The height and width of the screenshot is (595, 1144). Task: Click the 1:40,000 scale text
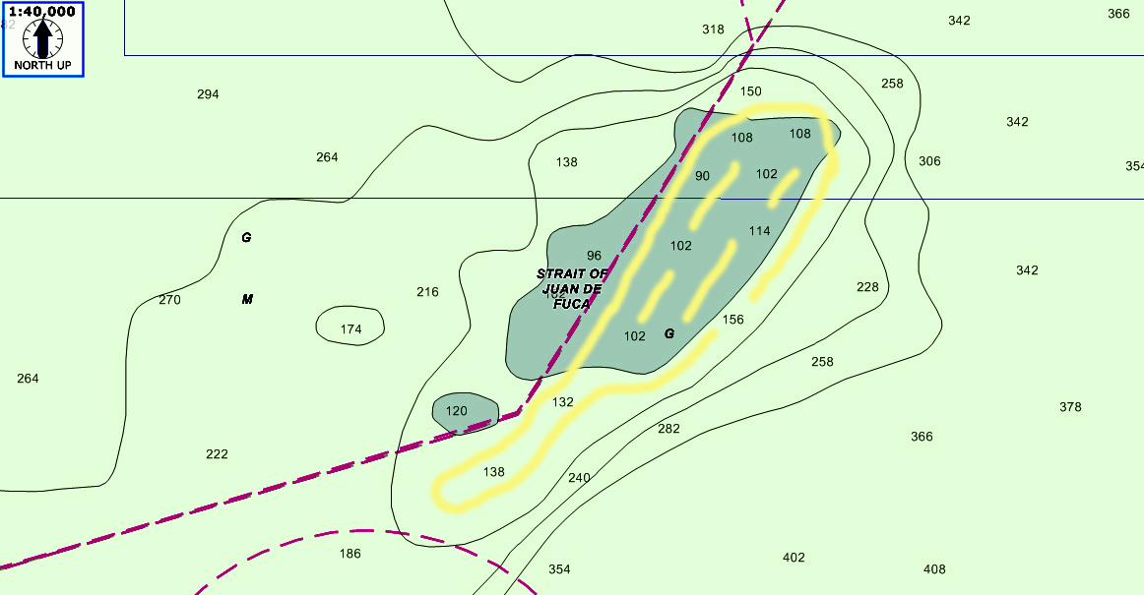click(x=42, y=12)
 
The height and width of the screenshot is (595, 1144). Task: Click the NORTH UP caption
click(x=42, y=65)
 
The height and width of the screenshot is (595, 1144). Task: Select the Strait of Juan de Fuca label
click(x=573, y=289)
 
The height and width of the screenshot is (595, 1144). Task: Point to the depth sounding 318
click(x=713, y=30)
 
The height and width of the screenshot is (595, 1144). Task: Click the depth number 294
click(x=208, y=94)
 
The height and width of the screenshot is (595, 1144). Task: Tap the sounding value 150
click(x=751, y=91)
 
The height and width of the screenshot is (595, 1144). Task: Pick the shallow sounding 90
click(x=702, y=176)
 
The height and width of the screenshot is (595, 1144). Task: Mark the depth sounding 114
click(x=759, y=231)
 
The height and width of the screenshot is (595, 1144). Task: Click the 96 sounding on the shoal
click(x=594, y=256)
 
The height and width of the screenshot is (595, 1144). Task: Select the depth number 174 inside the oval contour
click(x=350, y=329)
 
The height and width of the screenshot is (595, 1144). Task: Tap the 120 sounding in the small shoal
click(x=456, y=411)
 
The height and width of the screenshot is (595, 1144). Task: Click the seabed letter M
click(x=247, y=299)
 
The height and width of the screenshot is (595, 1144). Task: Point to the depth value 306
click(x=929, y=161)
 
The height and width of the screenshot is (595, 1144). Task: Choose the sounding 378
click(x=1070, y=407)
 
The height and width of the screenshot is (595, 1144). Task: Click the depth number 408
click(x=934, y=569)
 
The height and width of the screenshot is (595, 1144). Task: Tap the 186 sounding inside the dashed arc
click(x=350, y=554)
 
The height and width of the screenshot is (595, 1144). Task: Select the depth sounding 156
click(x=732, y=320)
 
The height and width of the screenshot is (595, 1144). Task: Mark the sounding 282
click(x=668, y=429)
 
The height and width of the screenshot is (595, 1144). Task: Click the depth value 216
click(x=427, y=292)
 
